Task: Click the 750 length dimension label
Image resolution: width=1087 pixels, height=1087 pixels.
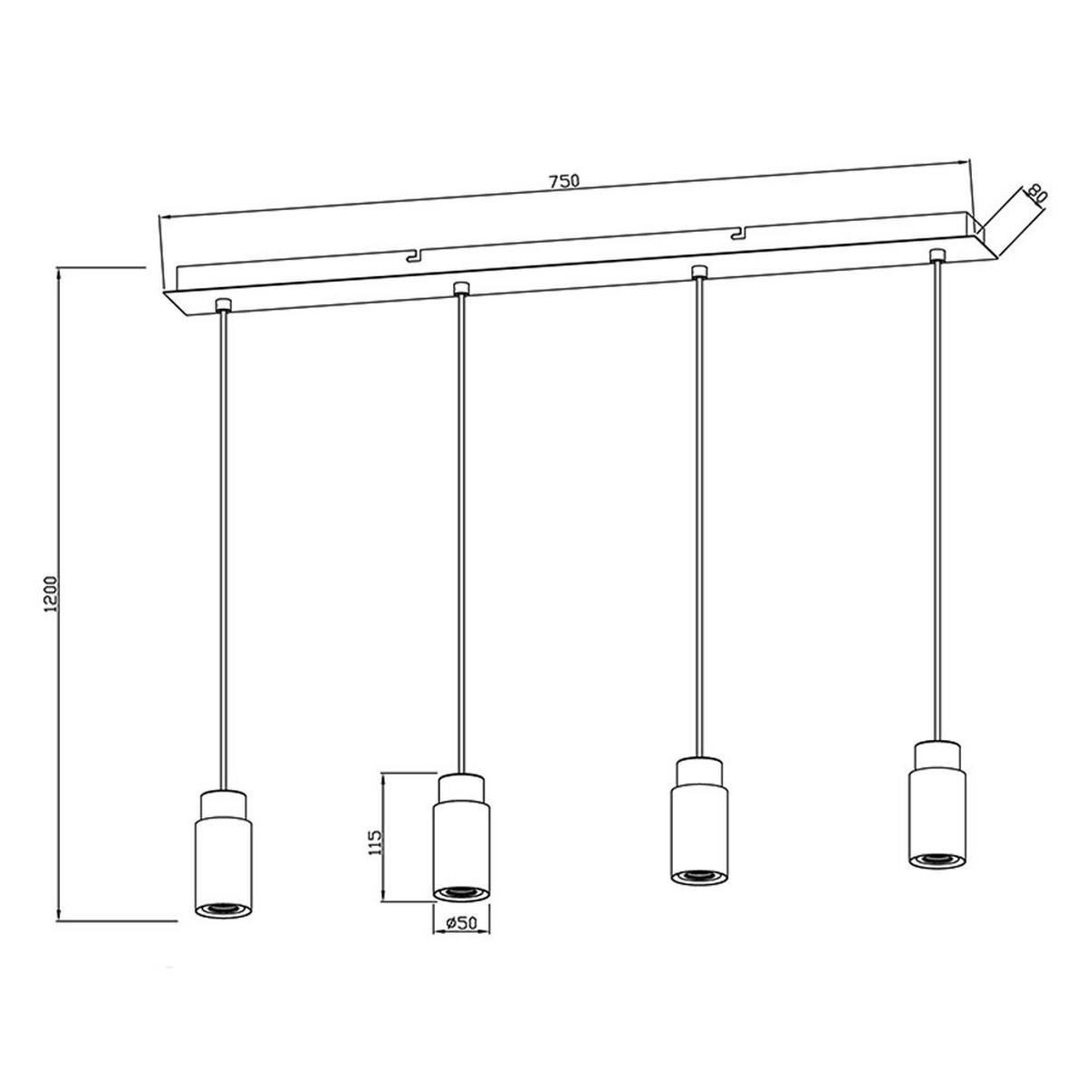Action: pyautogui.click(x=563, y=181)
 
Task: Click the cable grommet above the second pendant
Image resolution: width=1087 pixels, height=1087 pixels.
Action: pyautogui.click(x=461, y=288)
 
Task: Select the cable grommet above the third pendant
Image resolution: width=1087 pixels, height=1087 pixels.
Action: pyautogui.click(x=697, y=271)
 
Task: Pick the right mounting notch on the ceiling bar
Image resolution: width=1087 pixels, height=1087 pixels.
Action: pyautogui.click(x=739, y=233)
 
